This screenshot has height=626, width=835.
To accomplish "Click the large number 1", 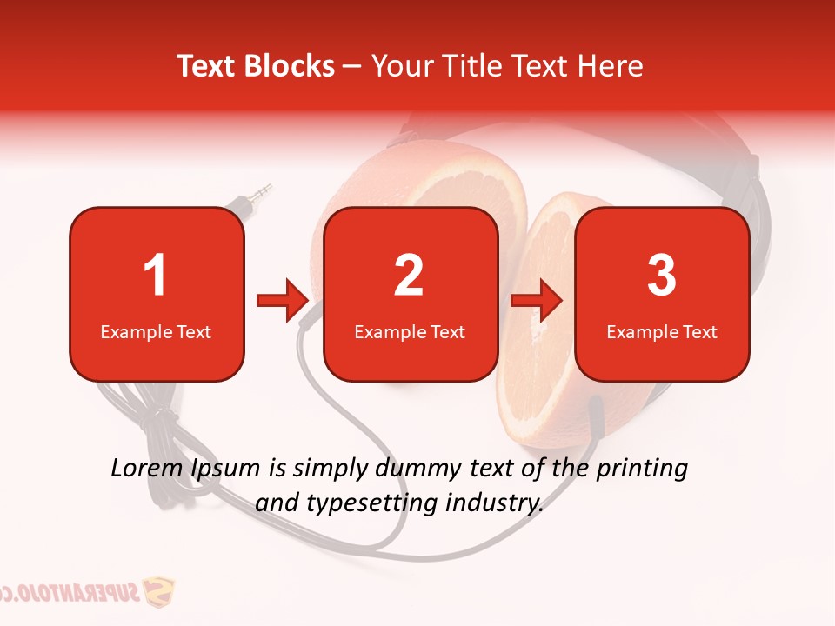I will click(x=155, y=276).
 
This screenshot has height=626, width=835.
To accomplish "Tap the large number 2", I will click(x=409, y=276).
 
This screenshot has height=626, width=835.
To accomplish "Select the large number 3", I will click(x=662, y=276).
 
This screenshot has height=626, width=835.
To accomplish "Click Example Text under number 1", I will click(x=156, y=331).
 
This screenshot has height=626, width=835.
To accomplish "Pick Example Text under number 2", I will click(x=410, y=331).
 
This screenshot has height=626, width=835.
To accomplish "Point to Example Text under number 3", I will click(x=662, y=331).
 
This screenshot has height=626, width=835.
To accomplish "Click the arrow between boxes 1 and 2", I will click(x=283, y=301).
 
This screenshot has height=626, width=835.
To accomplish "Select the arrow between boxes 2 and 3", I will click(x=536, y=301).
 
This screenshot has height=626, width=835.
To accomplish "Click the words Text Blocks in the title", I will click(x=256, y=66).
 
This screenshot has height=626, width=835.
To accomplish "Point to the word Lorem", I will click(x=147, y=469).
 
